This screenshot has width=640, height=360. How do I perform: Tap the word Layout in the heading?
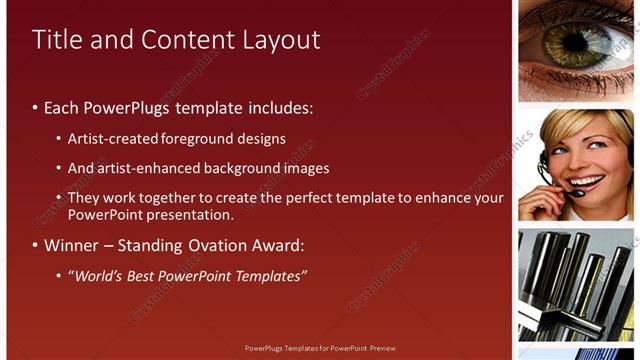[x=282, y=41]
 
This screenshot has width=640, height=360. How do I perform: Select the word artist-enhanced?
[x=146, y=168]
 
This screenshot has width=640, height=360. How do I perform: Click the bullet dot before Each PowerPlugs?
[x=35, y=107]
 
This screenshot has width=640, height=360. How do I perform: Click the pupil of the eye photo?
[x=577, y=42]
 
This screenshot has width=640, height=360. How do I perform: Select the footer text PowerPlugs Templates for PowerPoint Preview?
[x=320, y=349]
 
